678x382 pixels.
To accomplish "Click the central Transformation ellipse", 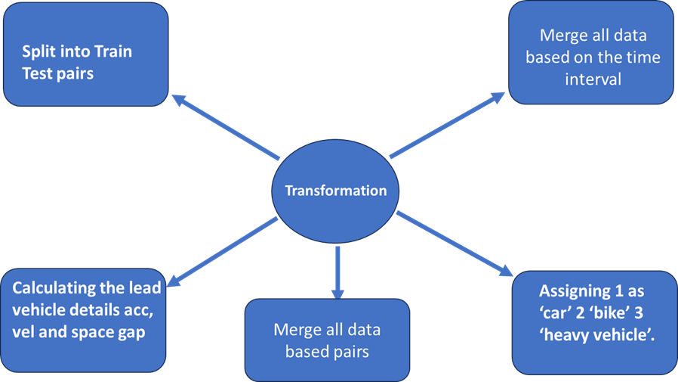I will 335,190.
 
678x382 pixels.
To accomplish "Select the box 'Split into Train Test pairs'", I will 85,54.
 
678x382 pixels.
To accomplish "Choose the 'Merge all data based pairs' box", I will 327,340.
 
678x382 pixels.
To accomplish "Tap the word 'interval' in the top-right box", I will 593,78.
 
